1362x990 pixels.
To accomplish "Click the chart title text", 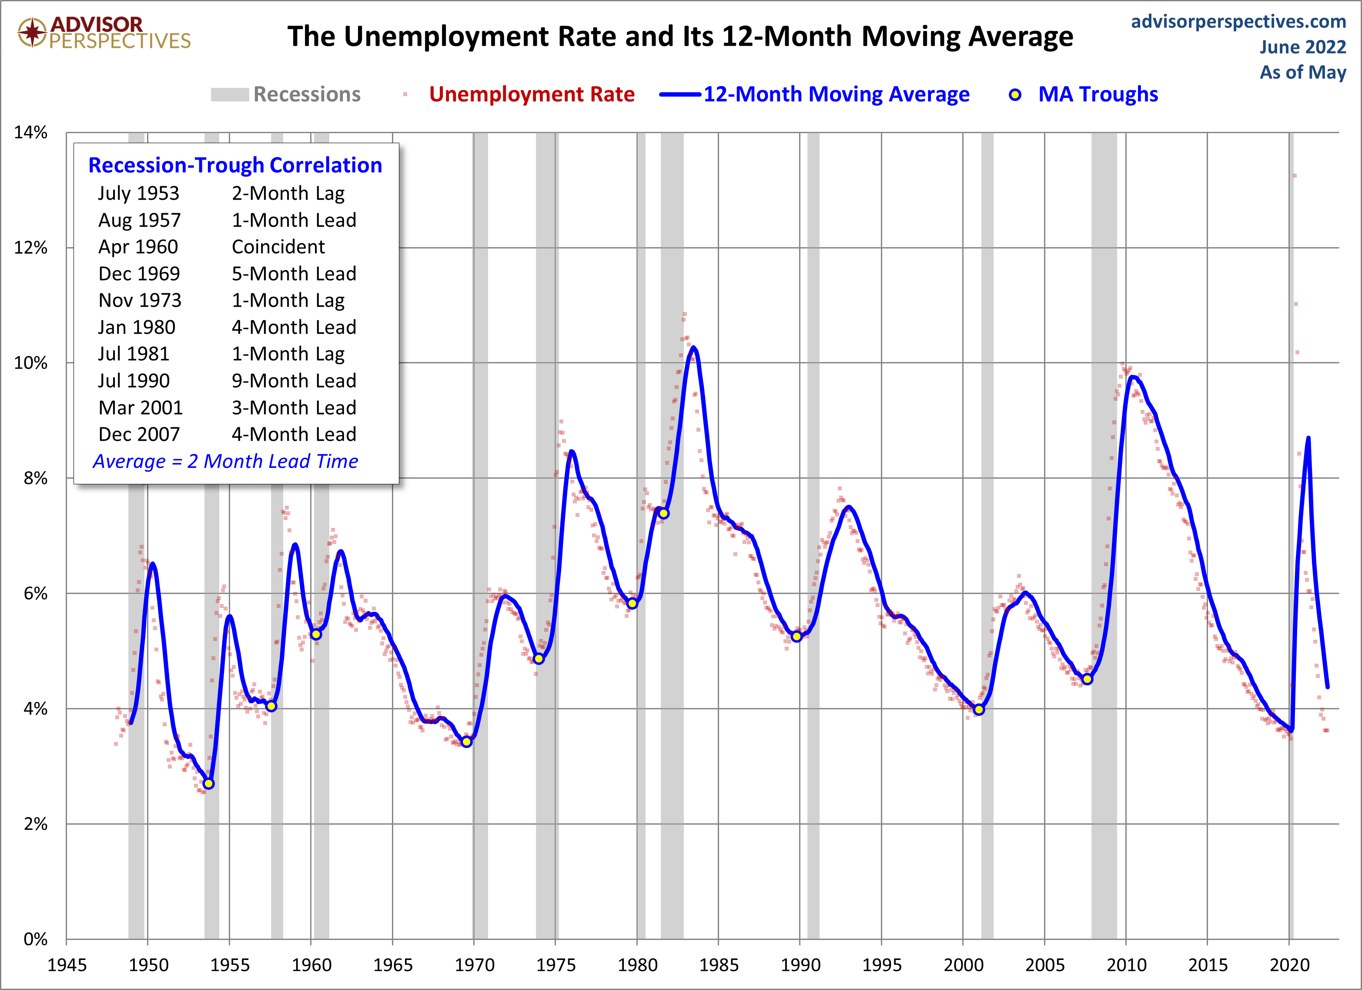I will (680, 36).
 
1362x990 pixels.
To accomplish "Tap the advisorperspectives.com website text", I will (1238, 22).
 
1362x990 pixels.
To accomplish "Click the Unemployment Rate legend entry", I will (532, 94).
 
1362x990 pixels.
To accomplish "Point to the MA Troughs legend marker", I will (1015, 95).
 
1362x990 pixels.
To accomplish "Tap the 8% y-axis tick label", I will (35, 478).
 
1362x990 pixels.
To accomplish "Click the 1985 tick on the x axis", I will (718, 965).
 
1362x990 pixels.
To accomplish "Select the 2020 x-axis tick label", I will (1289, 965).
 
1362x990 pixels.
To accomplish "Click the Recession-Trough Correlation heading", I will (235, 165).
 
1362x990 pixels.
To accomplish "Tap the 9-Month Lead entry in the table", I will (294, 381).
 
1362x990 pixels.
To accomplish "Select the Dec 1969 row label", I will (139, 274).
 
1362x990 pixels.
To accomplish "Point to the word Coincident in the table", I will (278, 247).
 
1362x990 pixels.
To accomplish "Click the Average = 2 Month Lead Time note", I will (225, 461).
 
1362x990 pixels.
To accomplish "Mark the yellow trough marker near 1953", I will (208, 783).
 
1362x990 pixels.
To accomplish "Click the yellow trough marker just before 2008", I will (1087, 679).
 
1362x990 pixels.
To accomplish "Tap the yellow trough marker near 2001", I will (979, 709).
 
